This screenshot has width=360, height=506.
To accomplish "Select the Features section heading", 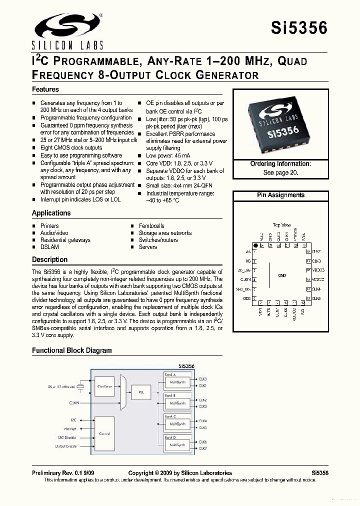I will (45, 89).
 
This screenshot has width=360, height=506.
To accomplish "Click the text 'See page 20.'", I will (280, 172).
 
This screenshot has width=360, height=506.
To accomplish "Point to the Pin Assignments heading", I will (280, 195).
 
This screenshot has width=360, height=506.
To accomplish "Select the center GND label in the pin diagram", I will (281, 275).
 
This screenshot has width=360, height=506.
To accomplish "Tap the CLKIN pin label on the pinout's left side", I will (245, 279).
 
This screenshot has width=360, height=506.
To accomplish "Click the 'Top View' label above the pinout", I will (281, 225).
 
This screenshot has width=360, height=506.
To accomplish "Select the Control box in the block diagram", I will (104, 433).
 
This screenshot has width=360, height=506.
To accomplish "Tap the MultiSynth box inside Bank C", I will (177, 423).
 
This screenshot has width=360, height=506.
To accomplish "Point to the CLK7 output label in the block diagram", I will (203, 448).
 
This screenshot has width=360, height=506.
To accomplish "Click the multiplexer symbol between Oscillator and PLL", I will (122, 389).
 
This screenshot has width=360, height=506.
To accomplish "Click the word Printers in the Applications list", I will (49, 226).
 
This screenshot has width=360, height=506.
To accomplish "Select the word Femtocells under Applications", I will (151, 226).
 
